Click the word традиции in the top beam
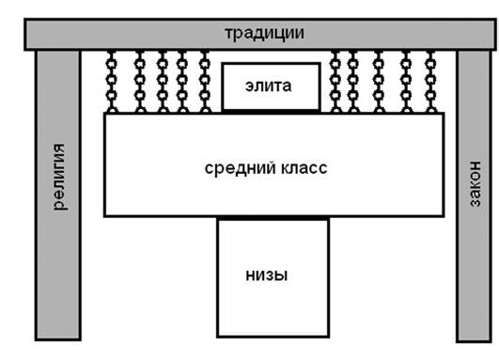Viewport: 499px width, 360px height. (264, 33)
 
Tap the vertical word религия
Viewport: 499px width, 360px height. (60, 176)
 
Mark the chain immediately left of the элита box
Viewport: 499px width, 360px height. (206, 83)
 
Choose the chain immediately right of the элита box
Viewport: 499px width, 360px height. (336, 83)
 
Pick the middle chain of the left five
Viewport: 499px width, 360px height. (162, 83)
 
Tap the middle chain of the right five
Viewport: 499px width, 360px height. (379, 83)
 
